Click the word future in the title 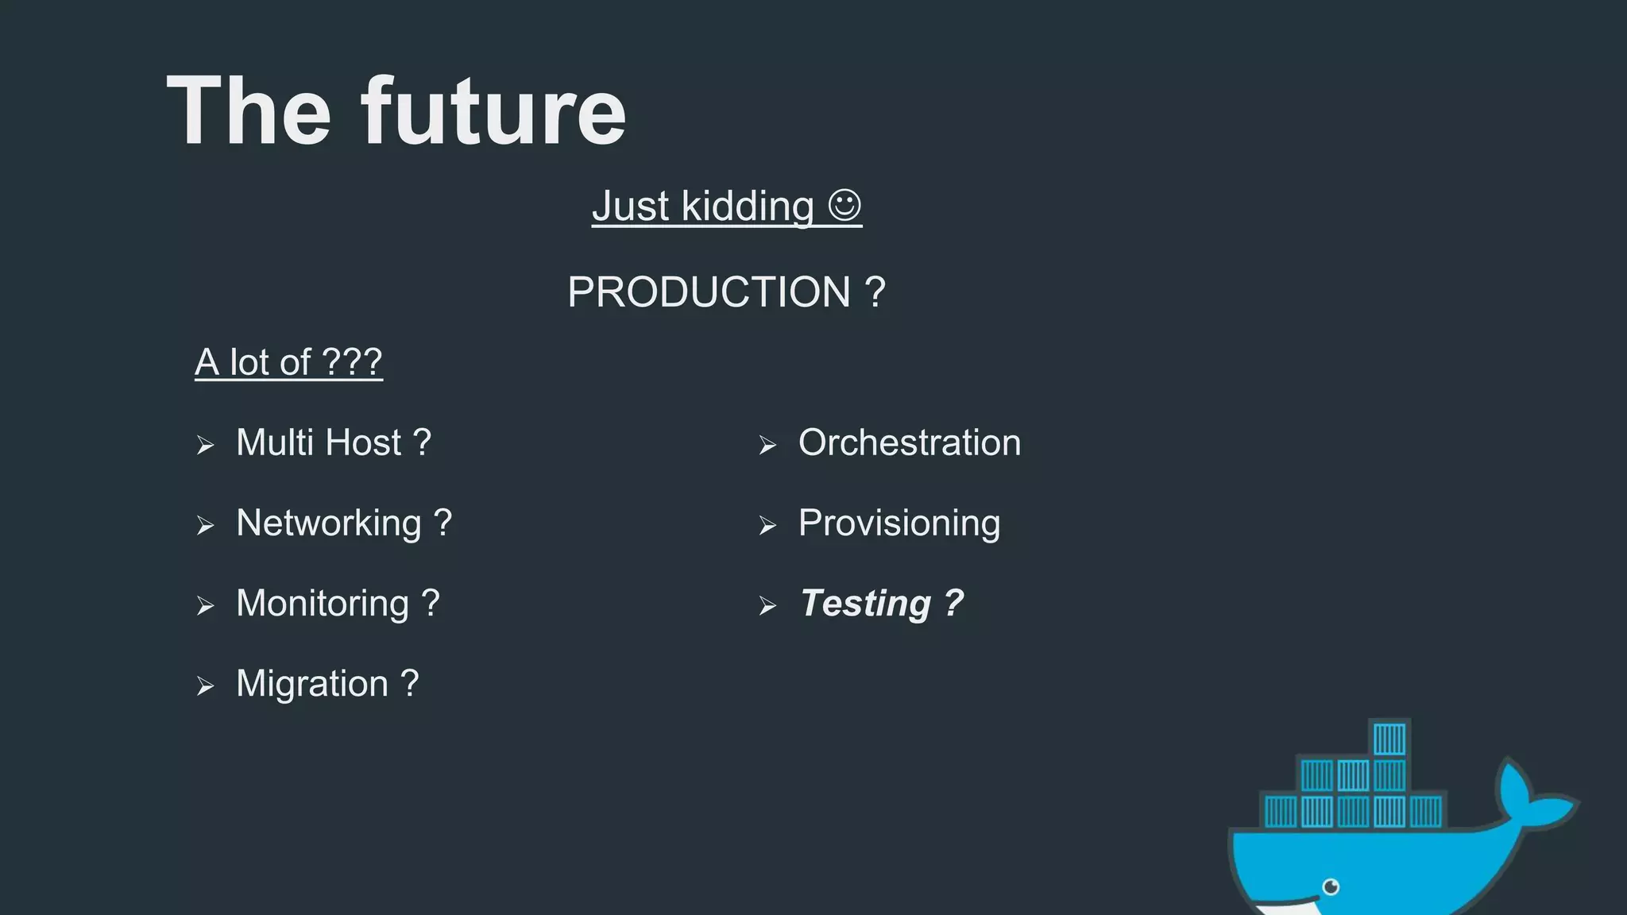click(x=493, y=111)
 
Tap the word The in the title click(x=248, y=111)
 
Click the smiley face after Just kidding click(x=844, y=205)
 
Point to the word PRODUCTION click(x=709, y=291)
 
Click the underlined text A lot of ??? click(x=288, y=362)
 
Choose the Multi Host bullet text click(x=333, y=442)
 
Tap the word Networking click(x=329, y=523)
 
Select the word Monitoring click(x=323, y=603)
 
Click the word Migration click(x=312, y=683)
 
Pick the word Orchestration click(x=910, y=442)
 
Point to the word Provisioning click(x=899, y=523)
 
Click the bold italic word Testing click(x=865, y=603)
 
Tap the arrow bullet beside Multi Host click(x=206, y=445)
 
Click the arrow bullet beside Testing click(x=767, y=606)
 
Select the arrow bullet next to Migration click(x=206, y=685)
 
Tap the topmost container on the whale click(x=1389, y=739)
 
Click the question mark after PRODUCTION click(x=875, y=291)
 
